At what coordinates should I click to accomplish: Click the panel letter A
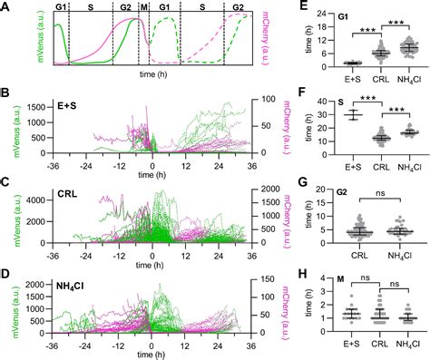click(x=7, y=7)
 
